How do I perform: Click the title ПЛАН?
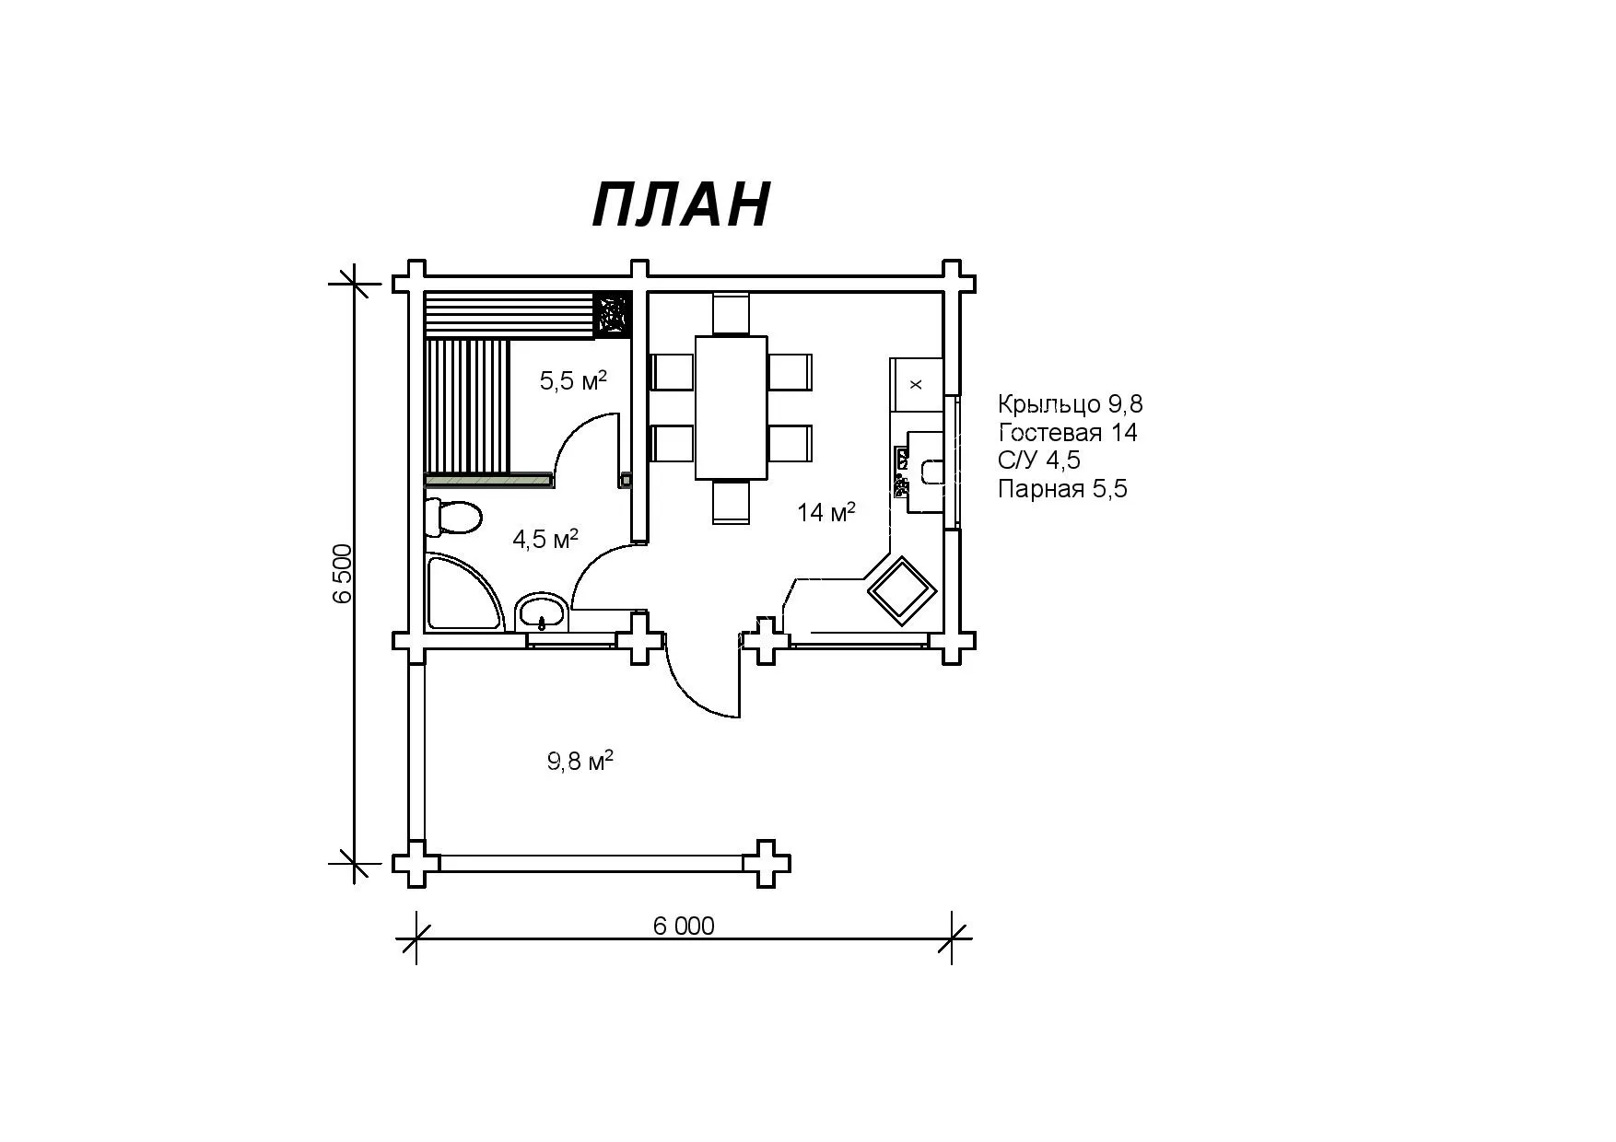click(681, 204)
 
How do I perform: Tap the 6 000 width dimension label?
click(684, 926)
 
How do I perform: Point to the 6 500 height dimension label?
click(343, 573)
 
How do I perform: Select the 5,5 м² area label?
click(573, 379)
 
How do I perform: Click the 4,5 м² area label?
click(545, 538)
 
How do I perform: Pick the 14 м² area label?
click(826, 511)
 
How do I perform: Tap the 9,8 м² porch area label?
click(580, 761)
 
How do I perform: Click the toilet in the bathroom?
click(453, 518)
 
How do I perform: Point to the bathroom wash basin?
click(542, 612)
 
